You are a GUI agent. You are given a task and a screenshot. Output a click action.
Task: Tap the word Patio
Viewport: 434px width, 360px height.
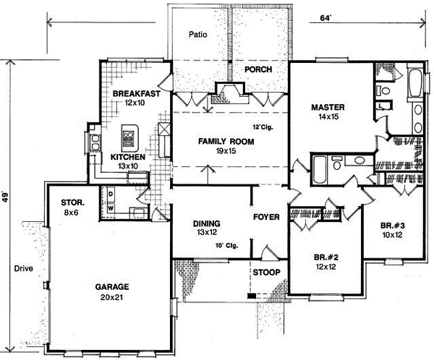pos(198,34)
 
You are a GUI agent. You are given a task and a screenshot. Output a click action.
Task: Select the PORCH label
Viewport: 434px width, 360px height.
pos(258,69)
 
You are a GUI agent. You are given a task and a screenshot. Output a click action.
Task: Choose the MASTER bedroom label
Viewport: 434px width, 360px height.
pos(327,107)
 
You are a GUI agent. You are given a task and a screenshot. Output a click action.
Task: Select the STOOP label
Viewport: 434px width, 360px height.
pos(265,273)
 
